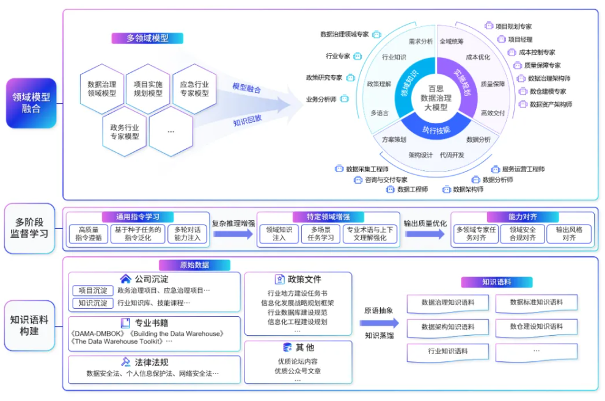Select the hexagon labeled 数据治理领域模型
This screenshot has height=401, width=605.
click(x=102, y=89)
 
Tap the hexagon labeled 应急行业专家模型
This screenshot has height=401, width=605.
click(x=194, y=89)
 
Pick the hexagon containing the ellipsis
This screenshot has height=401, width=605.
click(x=170, y=131)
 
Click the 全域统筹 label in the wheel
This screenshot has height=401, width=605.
click(x=452, y=42)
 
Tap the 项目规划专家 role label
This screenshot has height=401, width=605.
click(x=513, y=26)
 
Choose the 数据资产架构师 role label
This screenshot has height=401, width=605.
click(x=550, y=104)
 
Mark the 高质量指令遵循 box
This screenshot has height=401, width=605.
click(x=88, y=234)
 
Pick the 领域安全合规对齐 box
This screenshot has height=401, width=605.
click(x=522, y=234)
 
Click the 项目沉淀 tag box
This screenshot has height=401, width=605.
click(x=92, y=291)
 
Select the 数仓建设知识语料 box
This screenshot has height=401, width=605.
click(x=537, y=327)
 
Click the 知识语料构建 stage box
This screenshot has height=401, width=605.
click(x=31, y=325)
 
